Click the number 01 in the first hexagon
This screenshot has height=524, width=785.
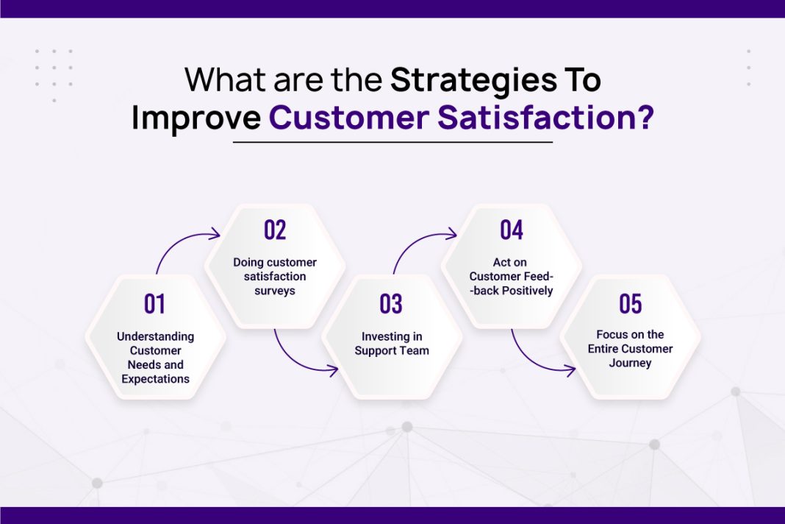coord(154,304)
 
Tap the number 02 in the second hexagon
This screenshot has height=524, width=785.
coord(274,230)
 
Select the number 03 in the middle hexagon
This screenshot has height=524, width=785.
coord(391,304)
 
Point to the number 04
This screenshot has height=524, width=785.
coord(511,230)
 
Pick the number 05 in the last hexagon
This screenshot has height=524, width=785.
coord(630,303)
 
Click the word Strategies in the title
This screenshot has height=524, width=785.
coord(473,80)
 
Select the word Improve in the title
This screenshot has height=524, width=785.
coord(196,118)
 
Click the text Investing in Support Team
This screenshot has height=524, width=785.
coord(392,344)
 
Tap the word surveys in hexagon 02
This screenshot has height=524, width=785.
coord(275,290)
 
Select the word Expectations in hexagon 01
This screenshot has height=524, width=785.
coord(155,379)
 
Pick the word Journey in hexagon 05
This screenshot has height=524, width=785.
coord(630,363)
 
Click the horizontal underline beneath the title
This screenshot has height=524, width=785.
coord(392,142)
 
